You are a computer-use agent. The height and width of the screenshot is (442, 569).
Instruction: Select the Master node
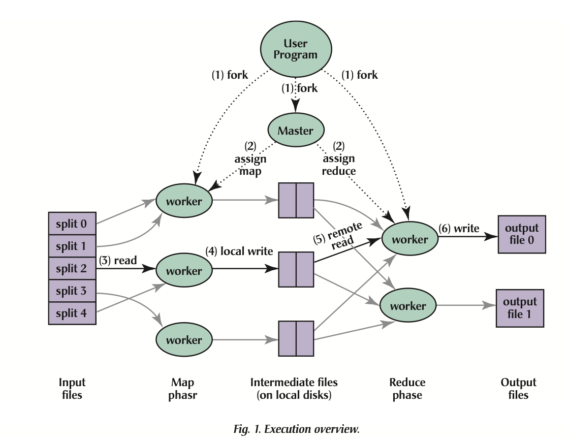295,131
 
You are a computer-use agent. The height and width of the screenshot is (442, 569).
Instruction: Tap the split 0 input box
72,224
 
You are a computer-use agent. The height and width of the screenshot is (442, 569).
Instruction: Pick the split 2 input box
72,268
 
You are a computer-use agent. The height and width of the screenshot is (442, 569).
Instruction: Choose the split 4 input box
72,313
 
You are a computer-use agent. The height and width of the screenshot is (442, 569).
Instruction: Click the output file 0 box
521,234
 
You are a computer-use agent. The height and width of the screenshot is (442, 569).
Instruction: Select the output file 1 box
520,308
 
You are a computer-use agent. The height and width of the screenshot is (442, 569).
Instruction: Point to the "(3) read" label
118,261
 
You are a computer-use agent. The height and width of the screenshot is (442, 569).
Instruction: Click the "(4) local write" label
239,251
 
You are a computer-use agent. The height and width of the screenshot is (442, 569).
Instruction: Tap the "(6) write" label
459,229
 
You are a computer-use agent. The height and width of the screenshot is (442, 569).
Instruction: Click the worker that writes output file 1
408,306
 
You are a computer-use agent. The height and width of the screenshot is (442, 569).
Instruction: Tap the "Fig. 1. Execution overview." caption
297,429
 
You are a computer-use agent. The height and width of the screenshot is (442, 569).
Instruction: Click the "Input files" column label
72,389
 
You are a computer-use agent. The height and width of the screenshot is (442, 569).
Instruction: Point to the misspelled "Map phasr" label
182,389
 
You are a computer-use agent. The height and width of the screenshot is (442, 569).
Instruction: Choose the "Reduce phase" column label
407,389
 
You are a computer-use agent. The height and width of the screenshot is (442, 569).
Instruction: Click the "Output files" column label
518,389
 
